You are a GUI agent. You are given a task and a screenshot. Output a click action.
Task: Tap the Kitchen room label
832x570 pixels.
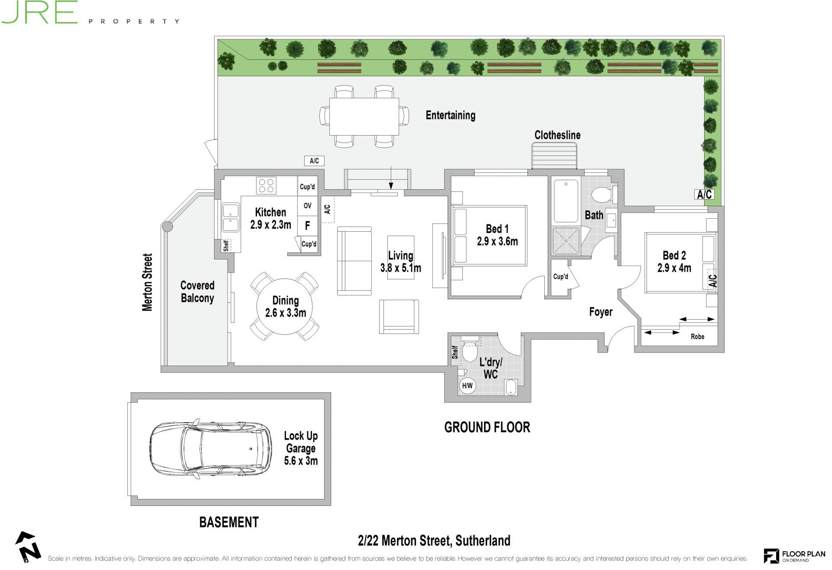pos(270,212)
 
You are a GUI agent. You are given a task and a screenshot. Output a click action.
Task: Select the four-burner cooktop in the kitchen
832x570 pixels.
pos(266,185)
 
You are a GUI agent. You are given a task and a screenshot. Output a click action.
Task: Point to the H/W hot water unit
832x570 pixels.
pos(467,385)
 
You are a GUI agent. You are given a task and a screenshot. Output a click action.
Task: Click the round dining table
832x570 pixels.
pos(285,306)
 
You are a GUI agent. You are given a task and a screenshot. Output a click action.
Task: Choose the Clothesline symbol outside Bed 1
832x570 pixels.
pos(555,156)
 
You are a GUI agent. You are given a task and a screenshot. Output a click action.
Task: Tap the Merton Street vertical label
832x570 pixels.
pos(147,282)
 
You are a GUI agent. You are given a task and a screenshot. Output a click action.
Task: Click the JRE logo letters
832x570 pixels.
pos(39,12)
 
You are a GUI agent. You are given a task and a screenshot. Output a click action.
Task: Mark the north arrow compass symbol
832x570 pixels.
pos(28,547)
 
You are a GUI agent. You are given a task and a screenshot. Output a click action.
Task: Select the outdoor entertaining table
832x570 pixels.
pos(364,117)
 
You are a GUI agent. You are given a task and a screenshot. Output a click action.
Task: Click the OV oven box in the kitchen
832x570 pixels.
pos(308,206)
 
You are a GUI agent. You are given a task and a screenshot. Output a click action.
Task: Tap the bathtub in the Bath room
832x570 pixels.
pos(566,201)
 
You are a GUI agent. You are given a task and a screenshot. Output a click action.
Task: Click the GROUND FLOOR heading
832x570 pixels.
pos(487,427)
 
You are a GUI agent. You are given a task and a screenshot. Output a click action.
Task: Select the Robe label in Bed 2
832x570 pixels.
pos(697,337)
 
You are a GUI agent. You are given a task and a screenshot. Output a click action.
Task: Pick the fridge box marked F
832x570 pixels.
pos(308,225)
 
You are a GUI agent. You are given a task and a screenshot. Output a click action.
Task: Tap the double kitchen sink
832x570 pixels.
pos(231,218)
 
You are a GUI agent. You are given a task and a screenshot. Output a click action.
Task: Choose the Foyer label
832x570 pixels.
pos(601,312)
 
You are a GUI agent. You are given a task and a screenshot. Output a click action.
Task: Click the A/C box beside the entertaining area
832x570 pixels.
pos(314,161)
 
